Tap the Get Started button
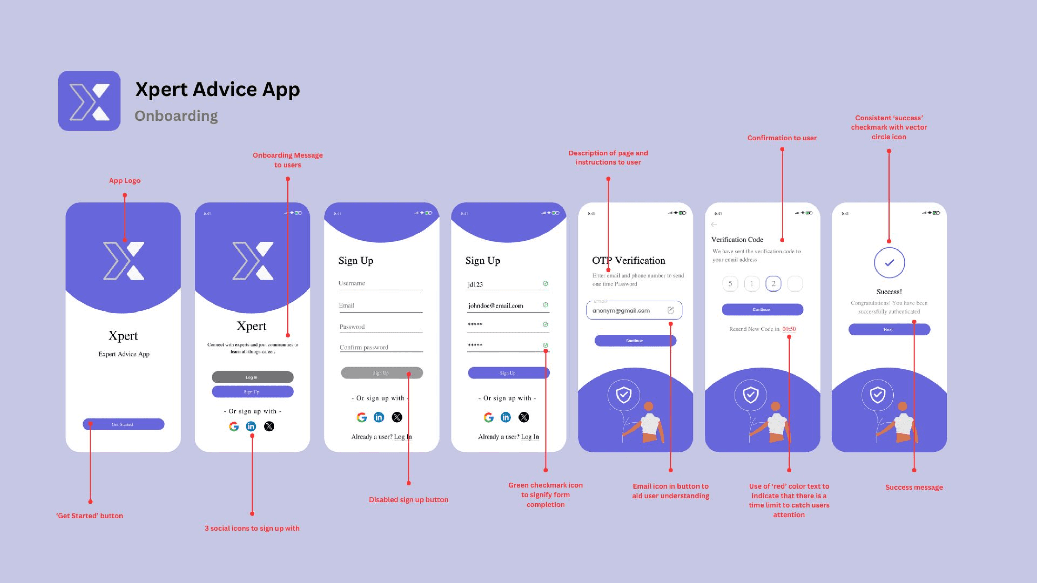[123, 424]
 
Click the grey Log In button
[252, 377]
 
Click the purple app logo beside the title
[89, 101]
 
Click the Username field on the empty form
[380, 283]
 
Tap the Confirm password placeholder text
[364, 347]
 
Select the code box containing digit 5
[730, 284]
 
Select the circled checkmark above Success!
[889, 263]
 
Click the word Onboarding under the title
[176, 116]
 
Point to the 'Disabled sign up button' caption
[409, 500]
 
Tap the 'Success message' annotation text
[914, 487]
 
